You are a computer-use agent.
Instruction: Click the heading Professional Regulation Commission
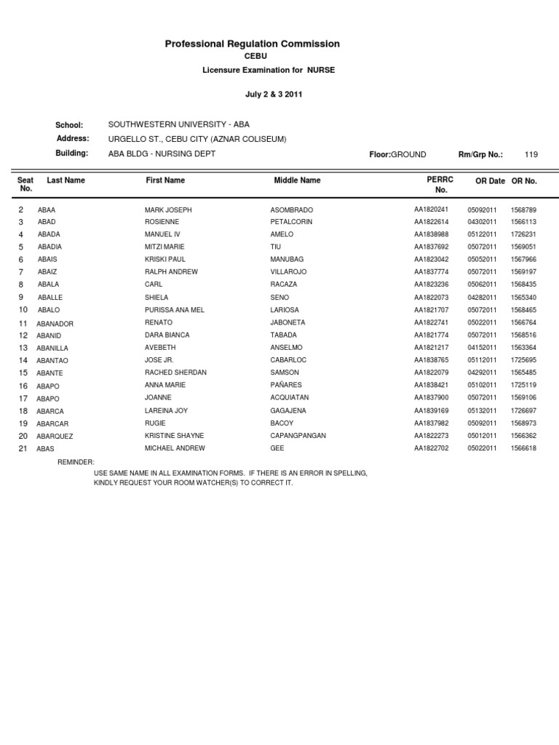252,44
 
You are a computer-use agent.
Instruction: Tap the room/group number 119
531,154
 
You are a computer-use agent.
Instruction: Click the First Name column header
165,180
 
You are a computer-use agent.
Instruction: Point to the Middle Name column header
297,180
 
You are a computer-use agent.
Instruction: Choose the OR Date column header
490,180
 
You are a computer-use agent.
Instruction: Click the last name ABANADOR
55,324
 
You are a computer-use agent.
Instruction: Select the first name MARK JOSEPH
168,210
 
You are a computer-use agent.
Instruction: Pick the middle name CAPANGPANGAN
298,436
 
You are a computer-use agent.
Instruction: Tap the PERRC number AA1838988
431,234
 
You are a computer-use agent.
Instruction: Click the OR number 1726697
523,411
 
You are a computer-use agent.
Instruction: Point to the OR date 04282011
482,298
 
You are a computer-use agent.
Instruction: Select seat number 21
23,449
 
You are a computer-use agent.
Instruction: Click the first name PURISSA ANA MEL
174,310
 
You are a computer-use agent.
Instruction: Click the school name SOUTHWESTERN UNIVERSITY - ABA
178,124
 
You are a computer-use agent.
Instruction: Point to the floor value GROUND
408,154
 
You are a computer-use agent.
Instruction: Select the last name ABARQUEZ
55,437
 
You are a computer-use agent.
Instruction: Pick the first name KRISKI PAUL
164,260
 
